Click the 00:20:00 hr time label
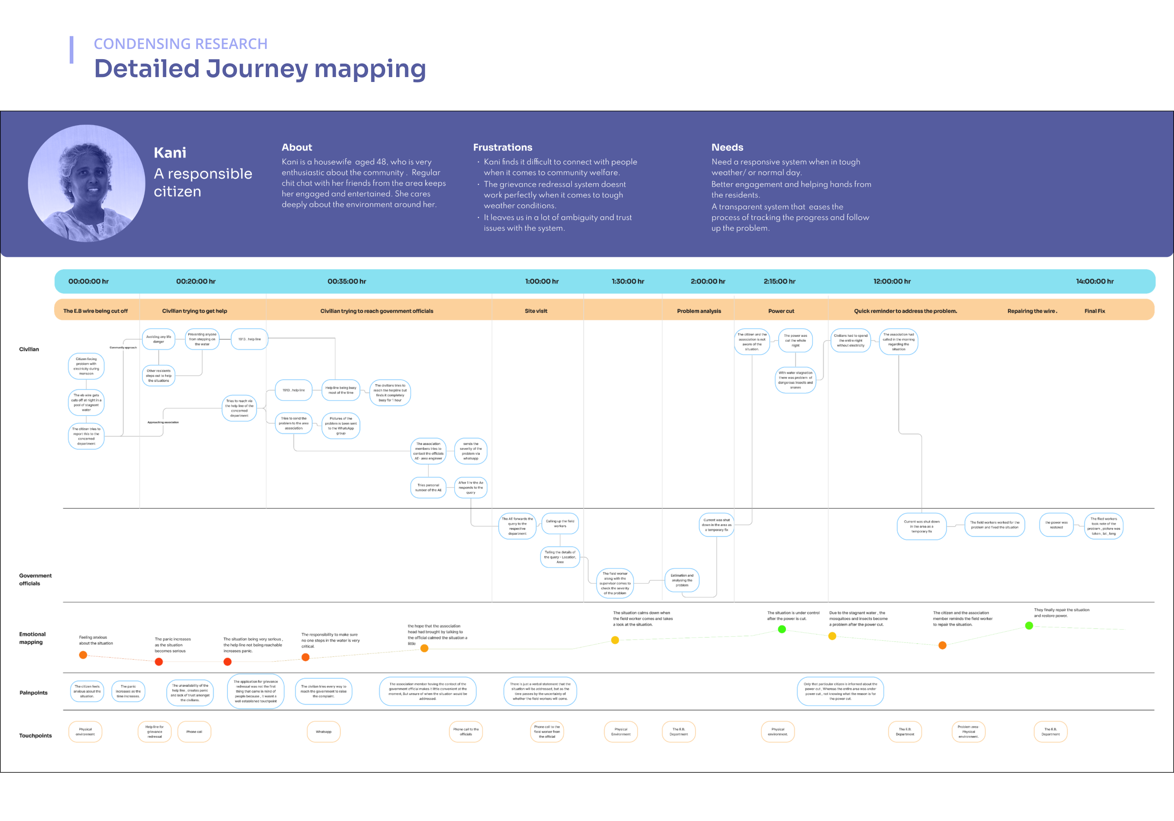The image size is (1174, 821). click(196, 281)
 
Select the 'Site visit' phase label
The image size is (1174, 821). click(536, 311)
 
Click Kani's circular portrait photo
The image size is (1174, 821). click(86, 184)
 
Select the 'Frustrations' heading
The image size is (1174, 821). click(502, 147)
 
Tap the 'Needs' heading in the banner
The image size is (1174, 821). click(727, 147)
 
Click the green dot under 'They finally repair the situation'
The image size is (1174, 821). click(1029, 626)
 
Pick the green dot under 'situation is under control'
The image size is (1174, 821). click(781, 629)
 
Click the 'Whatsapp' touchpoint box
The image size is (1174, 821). click(324, 732)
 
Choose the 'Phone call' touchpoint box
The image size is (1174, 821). click(194, 732)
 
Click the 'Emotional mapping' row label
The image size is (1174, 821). click(32, 638)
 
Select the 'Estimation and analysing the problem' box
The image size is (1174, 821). click(682, 580)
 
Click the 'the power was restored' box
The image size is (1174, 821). click(1056, 525)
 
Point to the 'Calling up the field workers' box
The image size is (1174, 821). click(560, 523)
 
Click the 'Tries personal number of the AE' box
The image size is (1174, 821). click(428, 487)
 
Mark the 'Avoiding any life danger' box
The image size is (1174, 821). click(159, 339)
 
